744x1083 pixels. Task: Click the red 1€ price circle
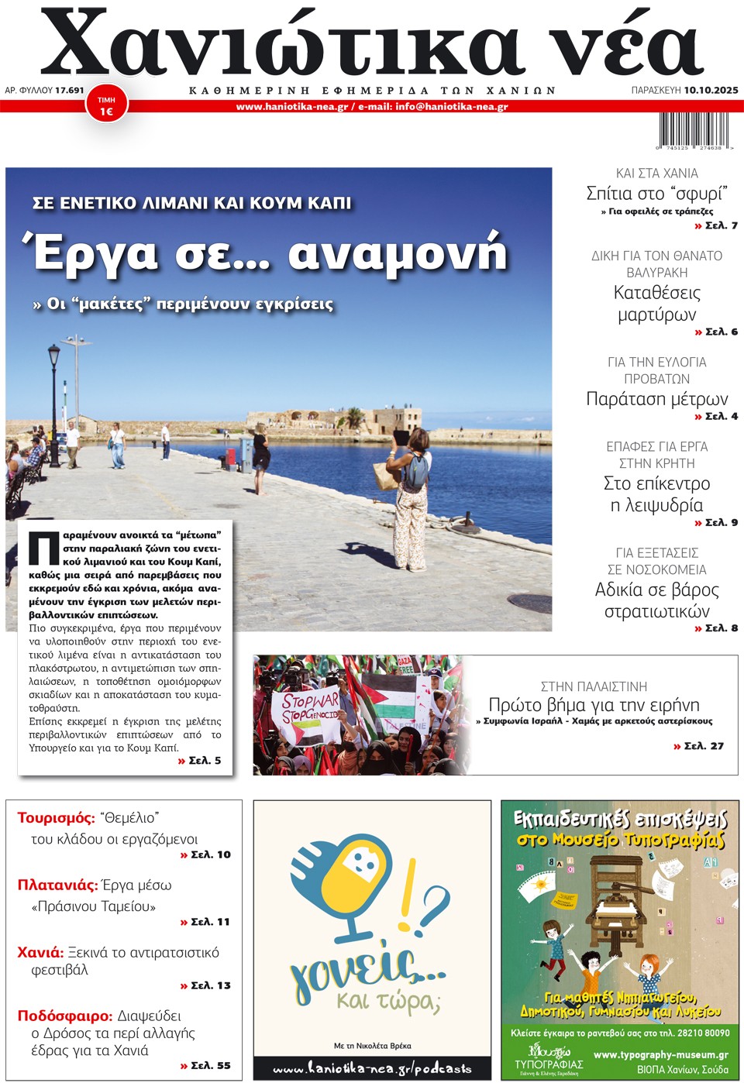[106, 105]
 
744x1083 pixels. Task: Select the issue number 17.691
[69, 90]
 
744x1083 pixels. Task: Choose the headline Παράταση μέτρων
[657, 399]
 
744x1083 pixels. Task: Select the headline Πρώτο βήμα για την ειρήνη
[594, 705]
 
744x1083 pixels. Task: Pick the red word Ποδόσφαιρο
[65, 1016]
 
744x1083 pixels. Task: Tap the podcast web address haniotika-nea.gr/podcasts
[372, 1068]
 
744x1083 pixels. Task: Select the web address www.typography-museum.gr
[660, 1054]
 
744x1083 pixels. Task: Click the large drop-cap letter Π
[44, 548]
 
